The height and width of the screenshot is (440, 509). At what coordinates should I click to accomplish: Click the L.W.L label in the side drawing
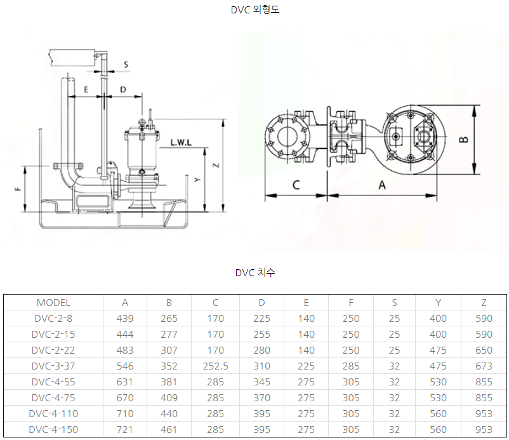(x=181, y=143)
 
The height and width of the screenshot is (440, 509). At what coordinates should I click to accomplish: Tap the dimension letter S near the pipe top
(x=126, y=65)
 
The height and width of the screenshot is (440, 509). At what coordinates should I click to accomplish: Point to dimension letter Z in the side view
(x=216, y=165)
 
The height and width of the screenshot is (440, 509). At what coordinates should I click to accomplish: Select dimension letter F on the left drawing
(x=18, y=189)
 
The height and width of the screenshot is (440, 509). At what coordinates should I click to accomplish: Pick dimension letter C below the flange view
(x=296, y=185)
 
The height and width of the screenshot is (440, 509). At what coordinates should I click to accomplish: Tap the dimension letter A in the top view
(x=382, y=185)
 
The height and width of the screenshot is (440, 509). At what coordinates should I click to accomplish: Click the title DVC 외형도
(x=255, y=10)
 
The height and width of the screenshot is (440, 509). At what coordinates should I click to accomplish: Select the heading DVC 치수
(x=255, y=272)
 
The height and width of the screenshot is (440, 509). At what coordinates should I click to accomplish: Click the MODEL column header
(x=53, y=303)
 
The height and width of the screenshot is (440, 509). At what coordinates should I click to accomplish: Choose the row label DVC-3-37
(x=53, y=366)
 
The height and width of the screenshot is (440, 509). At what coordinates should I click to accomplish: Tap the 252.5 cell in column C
(x=216, y=366)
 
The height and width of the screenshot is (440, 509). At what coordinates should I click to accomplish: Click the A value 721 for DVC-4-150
(x=125, y=429)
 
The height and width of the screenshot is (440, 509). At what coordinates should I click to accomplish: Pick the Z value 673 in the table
(x=484, y=366)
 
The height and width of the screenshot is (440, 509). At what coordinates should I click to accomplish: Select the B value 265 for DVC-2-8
(x=169, y=318)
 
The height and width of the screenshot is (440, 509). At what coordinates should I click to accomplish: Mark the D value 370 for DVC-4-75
(x=261, y=398)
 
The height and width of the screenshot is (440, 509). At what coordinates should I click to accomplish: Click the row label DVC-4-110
(x=53, y=414)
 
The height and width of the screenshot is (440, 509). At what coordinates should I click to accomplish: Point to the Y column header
(x=438, y=303)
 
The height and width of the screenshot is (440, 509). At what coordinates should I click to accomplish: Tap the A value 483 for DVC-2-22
(x=125, y=350)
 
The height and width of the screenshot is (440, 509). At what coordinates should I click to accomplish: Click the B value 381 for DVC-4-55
(x=169, y=382)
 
